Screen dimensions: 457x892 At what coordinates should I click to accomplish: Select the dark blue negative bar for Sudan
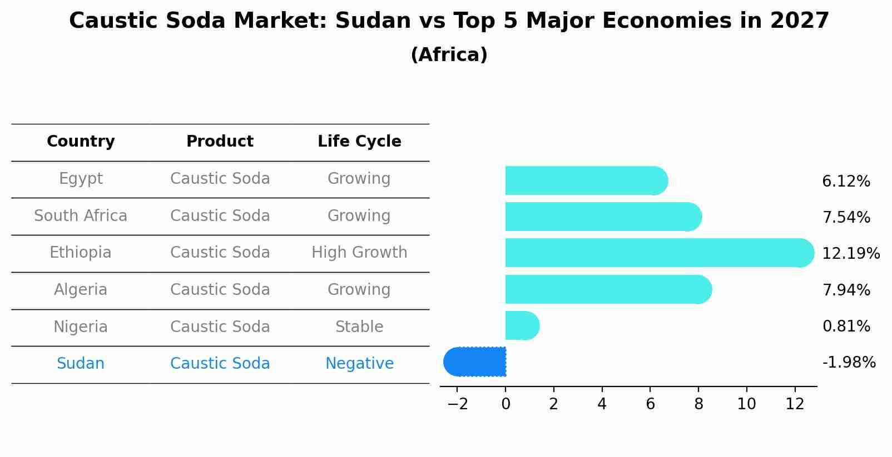[475, 362]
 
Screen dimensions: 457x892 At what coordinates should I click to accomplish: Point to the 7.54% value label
[846, 218]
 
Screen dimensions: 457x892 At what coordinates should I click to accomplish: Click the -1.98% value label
[849, 363]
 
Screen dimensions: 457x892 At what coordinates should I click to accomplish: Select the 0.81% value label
[846, 327]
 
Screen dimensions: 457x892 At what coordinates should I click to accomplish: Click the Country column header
[81, 142]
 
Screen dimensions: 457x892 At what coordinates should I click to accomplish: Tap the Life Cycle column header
[359, 142]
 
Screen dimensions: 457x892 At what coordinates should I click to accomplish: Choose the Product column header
[220, 142]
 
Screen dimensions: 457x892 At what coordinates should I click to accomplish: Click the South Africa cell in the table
[81, 216]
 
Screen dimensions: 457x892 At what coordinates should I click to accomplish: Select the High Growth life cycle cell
[359, 253]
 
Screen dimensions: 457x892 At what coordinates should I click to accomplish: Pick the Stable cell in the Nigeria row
[359, 327]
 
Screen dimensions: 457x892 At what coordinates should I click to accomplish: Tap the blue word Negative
[359, 364]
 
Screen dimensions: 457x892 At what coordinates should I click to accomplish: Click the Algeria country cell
[81, 290]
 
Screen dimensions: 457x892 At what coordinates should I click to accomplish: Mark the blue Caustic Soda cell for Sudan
[220, 364]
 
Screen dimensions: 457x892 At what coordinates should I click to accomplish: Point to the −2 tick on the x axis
[458, 404]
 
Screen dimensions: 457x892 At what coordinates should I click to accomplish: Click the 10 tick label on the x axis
[746, 404]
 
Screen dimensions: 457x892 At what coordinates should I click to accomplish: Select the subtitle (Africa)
[449, 55]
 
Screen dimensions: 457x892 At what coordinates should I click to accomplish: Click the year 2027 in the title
[799, 21]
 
